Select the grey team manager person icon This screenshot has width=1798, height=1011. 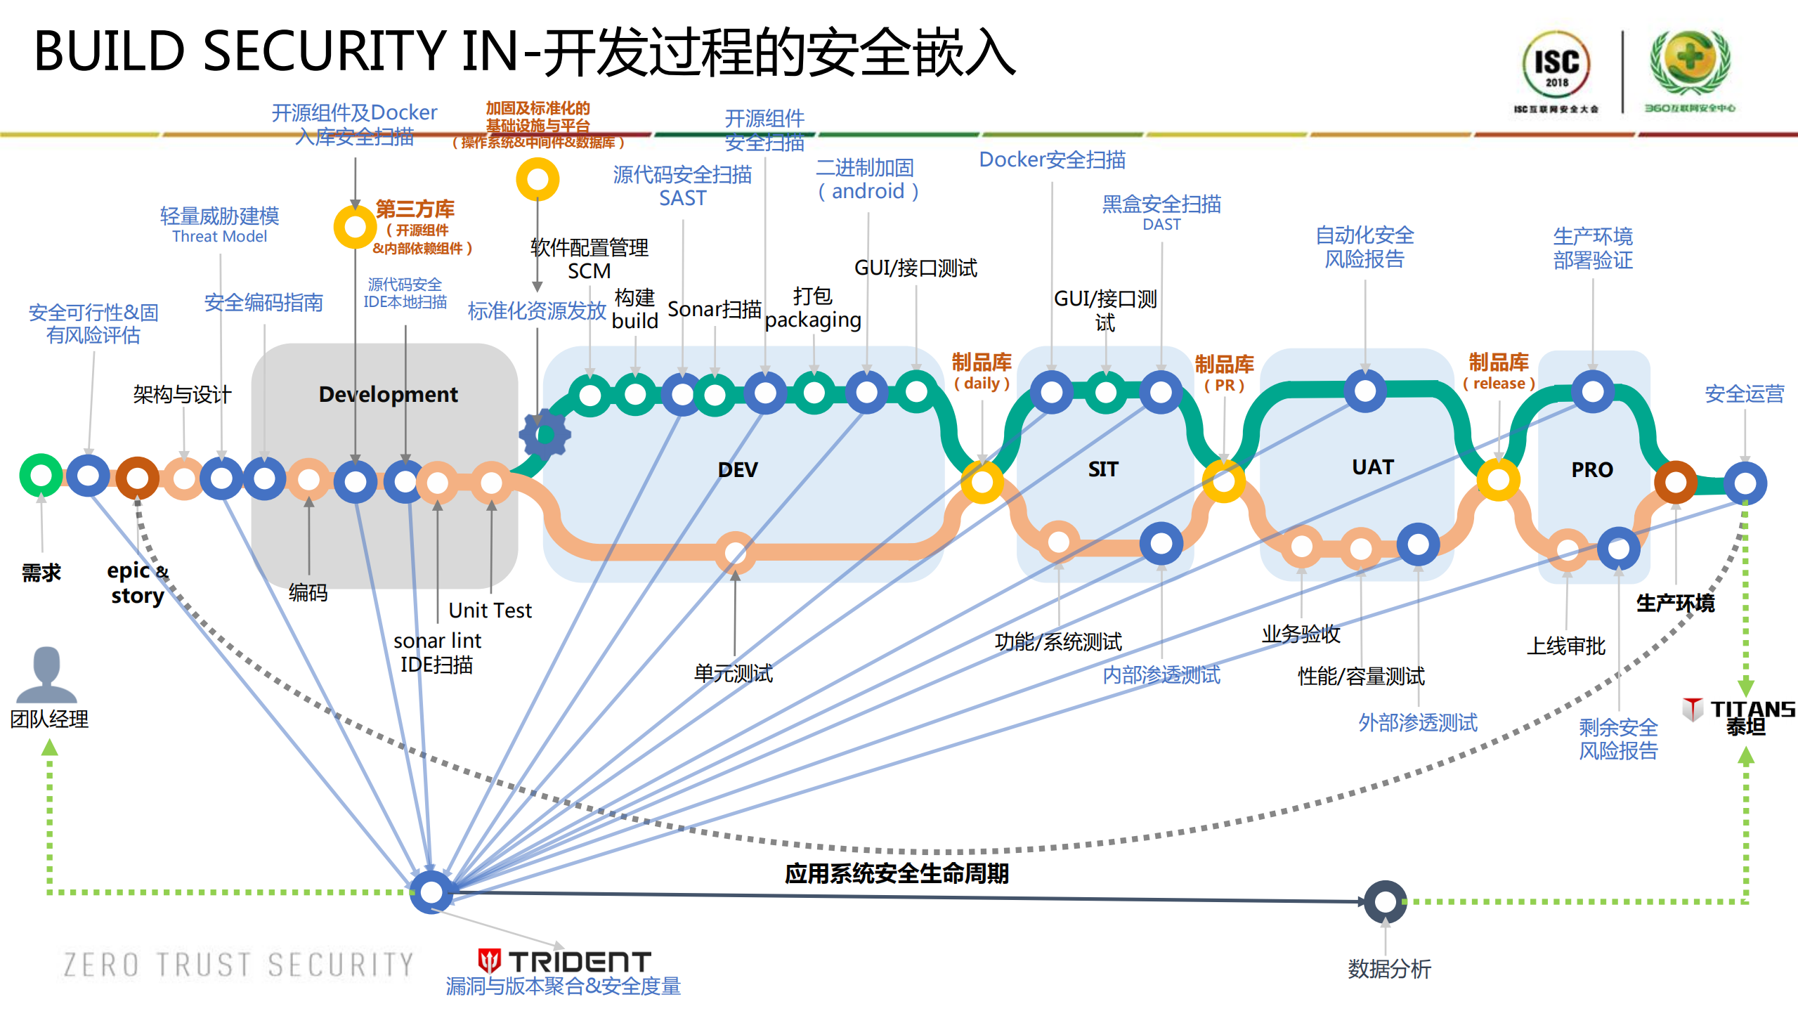pyautogui.click(x=46, y=675)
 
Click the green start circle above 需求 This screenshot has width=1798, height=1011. pyautogui.click(x=41, y=475)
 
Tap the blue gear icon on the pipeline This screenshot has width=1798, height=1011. pyautogui.click(x=545, y=434)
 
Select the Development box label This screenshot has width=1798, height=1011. pyautogui.click(x=388, y=394)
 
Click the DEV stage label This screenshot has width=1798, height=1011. pyautogui.click(x=738, y=469)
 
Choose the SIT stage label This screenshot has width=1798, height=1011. pyautogui.click(x=1102, y=469)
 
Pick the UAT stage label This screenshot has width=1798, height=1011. pyautogui.click(x=1372, y=467)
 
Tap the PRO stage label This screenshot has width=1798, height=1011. pyautogui.click(x=1591, y=469)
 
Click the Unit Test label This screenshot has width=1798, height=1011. pyautogui.click(x=490, y=610)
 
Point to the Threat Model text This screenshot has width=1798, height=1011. pyautogui.click(x=219, y=237)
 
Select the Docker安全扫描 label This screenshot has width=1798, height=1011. pyautogui.click(x=1052, y=160)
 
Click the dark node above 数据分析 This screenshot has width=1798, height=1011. pyautogui.click(x=1385, y=901)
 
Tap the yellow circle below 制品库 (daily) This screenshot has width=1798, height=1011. pyautogui.click(x=982, y=482)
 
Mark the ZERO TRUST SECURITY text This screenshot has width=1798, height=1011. pyautogui.click(x=238, y=965)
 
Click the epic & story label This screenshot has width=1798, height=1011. pyautogui.click(x=138, y=583)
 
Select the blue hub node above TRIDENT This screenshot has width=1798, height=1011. pyautogui.click(x=431, y=892)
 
